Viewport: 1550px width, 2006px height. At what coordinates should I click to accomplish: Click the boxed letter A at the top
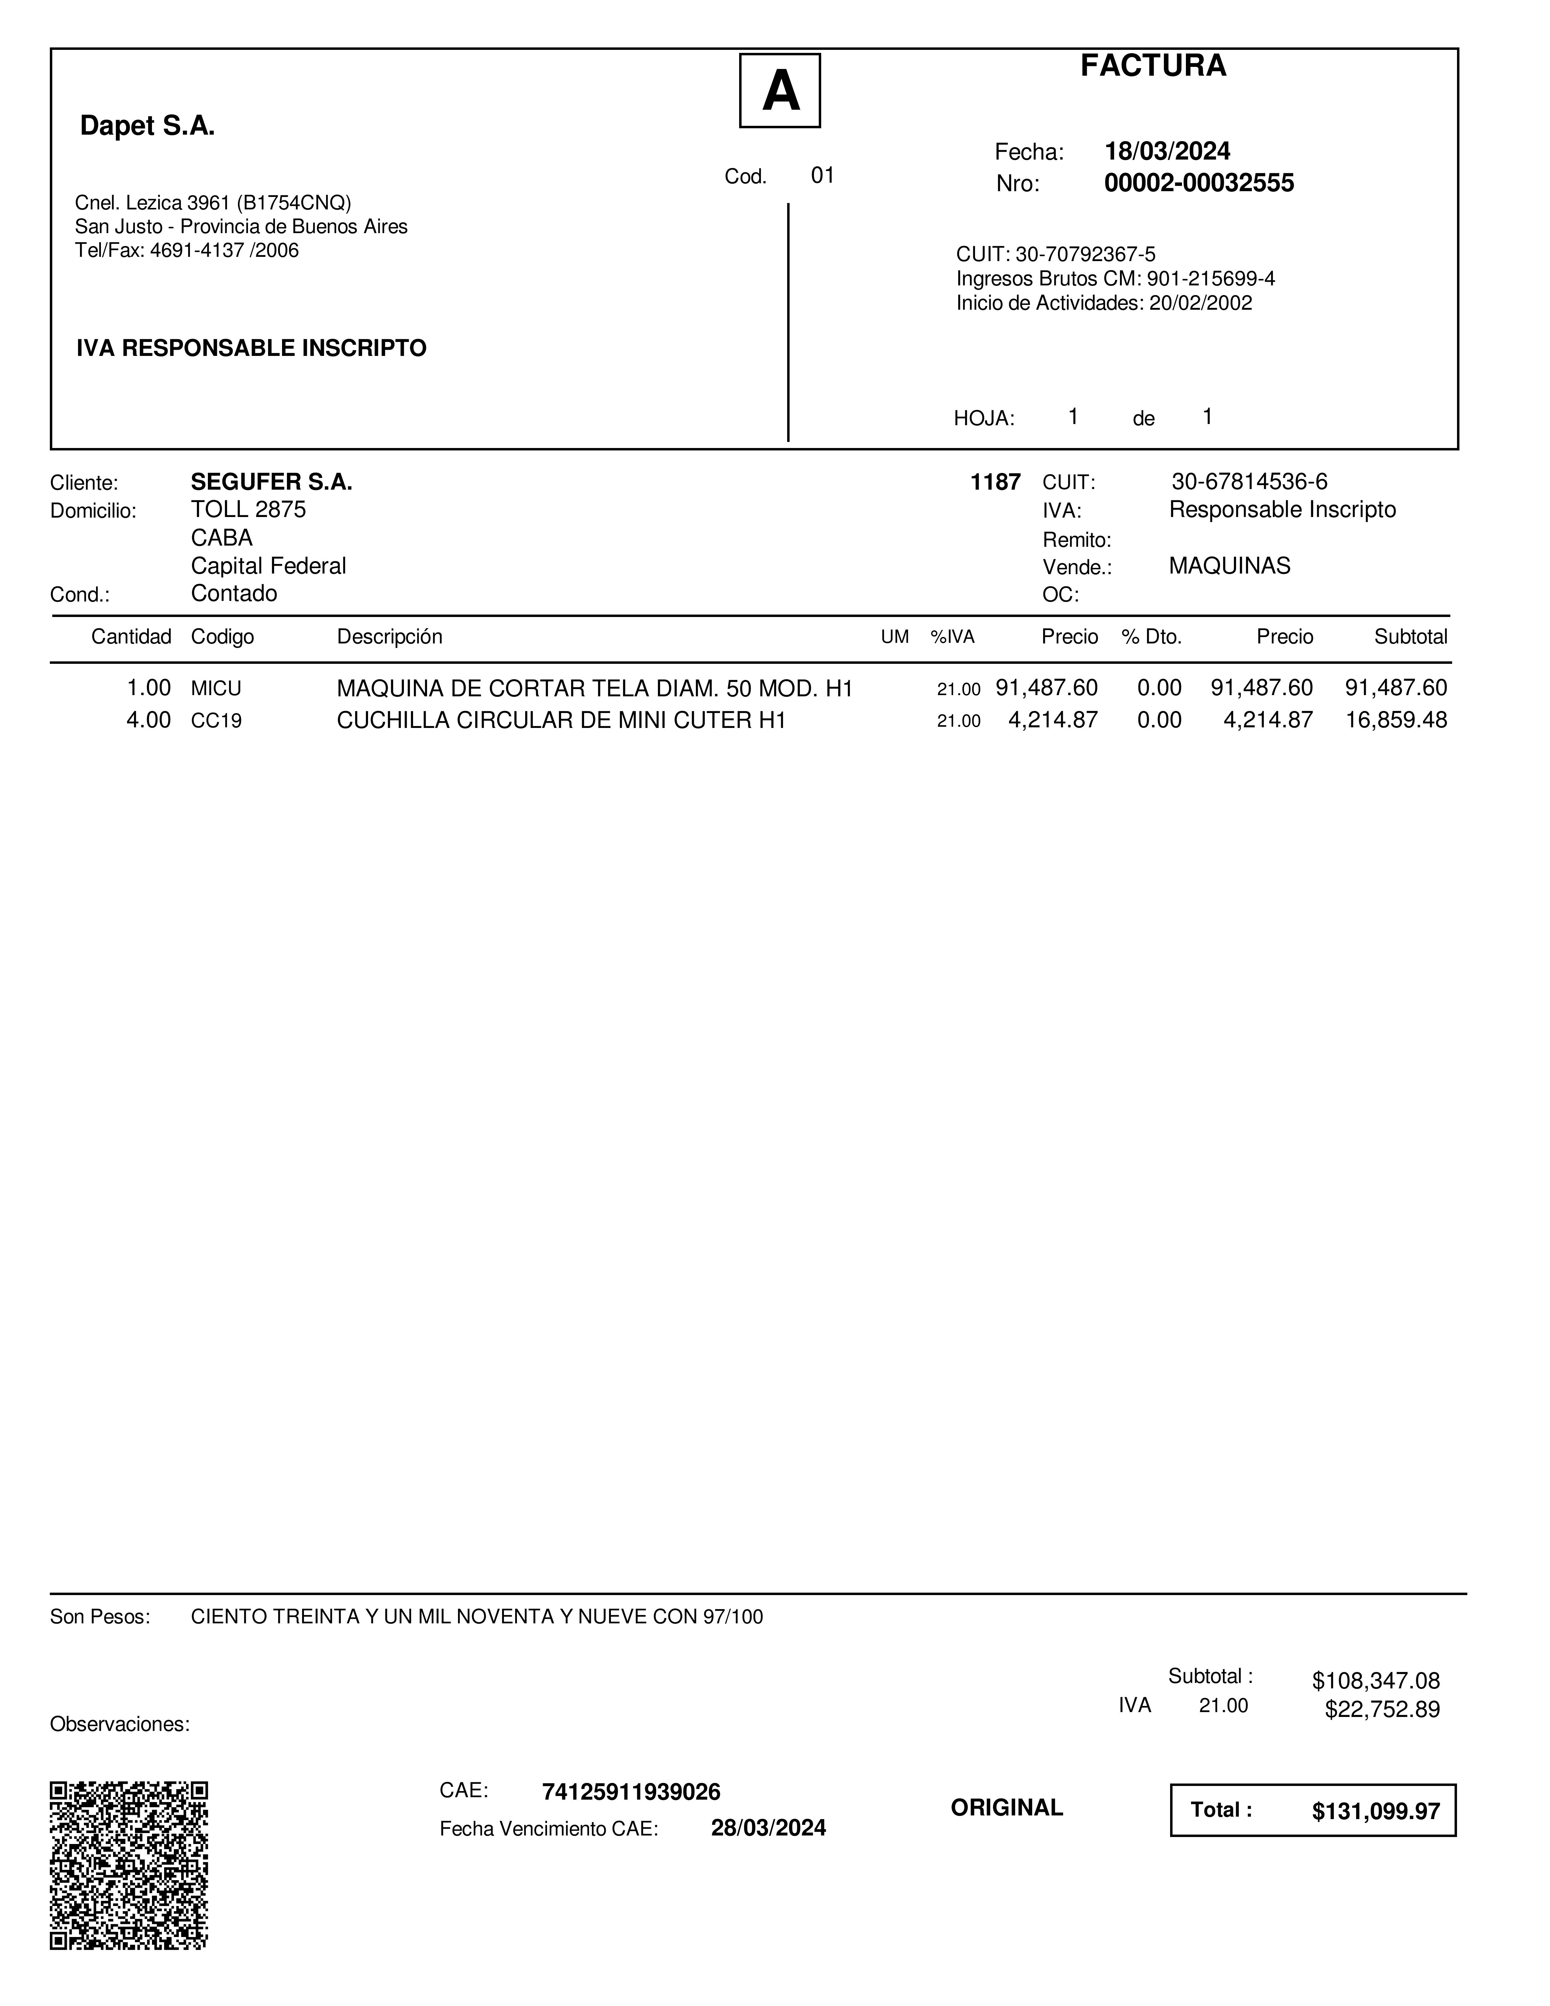coord(780,91)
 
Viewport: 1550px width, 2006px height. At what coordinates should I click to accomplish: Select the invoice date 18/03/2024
coord(1167,152)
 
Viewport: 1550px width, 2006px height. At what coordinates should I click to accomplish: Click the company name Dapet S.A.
coord(148,126)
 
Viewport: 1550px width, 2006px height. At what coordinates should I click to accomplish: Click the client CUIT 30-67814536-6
coord(1249,482)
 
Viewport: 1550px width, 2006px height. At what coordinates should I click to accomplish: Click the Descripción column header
coord(389,636)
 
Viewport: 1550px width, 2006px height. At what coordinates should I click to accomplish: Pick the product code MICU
coord(216,689)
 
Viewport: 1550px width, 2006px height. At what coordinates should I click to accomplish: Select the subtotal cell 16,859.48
coord(1396,720)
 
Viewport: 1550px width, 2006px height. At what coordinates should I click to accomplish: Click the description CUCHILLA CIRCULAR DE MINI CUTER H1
coord(561,720)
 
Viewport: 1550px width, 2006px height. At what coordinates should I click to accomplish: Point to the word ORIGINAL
coord(1006,1808)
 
